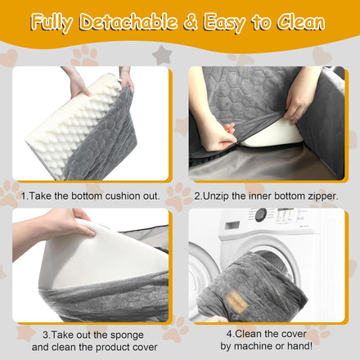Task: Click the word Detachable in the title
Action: click(x=128, y=22)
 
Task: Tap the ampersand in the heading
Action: click(x=191, y=22)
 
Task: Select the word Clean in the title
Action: click(x=301, y=22)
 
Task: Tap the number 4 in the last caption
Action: click(x=229, y=334)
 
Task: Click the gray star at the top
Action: click(x=162, y=55)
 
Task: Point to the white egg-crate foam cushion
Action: click(x=74, y=125)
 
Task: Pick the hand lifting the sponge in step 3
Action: click(x=52, y=227)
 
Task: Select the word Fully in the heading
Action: click(x=52, y=23)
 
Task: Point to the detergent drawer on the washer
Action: click(x=232, y=225)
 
